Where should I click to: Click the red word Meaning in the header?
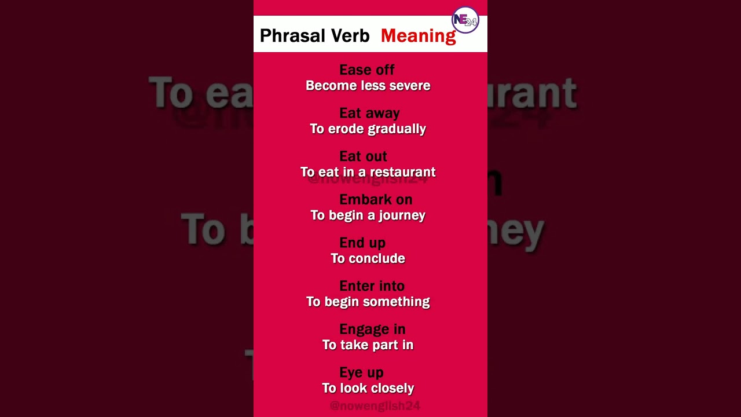click(418, 36)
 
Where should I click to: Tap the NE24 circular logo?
click(465, 21)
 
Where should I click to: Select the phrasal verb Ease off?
click(367, 70)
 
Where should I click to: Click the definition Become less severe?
click(368, 86)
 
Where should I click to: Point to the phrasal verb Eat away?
click(369, 113)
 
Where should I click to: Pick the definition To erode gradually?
click(368, 129)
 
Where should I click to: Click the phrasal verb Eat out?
click(363, 156)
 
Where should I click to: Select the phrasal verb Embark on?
click(376, 200)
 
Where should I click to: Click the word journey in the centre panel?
click(403, 215)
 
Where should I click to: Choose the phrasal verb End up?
click(362, 243)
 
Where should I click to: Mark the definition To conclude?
click(368, 258)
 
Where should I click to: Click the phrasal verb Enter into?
click(372, 286)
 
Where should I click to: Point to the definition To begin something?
click(368, 302)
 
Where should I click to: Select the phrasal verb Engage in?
click(372, 330)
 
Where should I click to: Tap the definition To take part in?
click(368, 345)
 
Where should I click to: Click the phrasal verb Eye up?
click(361, 372)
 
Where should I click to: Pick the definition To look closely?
click(368, 388)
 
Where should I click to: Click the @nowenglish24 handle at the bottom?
click(375, 406)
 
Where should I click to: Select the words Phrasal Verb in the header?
click(314, 36)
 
